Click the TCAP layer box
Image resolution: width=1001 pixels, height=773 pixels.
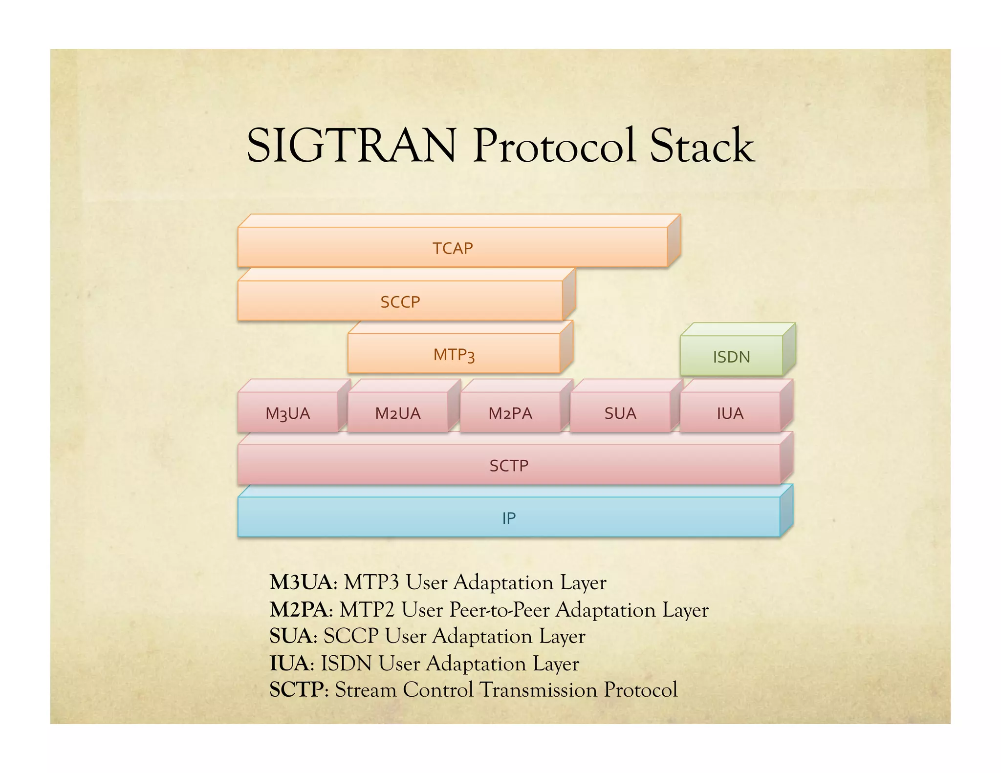point(453,247)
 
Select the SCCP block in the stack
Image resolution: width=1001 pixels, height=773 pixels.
point(400,301)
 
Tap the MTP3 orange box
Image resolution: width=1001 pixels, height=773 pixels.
point(454,354)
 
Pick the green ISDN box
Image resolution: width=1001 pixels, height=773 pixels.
point(731,356)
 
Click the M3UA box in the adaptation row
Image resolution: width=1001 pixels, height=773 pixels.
point(287,413)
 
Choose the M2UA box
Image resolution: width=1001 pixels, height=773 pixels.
point(397,413)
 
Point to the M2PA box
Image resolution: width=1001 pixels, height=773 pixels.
point(510,413)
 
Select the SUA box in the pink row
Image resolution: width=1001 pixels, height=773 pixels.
point(620,413)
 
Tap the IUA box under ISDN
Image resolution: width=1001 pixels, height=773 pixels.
point(730,413)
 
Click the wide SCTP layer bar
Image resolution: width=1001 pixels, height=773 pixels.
point(508,465)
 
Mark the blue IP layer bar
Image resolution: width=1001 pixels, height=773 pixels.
point(508,517)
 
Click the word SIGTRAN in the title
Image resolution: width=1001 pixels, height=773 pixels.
point(351,146)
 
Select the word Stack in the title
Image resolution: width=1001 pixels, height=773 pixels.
point(702,146)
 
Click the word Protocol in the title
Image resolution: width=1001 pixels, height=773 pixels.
point(554,146)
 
